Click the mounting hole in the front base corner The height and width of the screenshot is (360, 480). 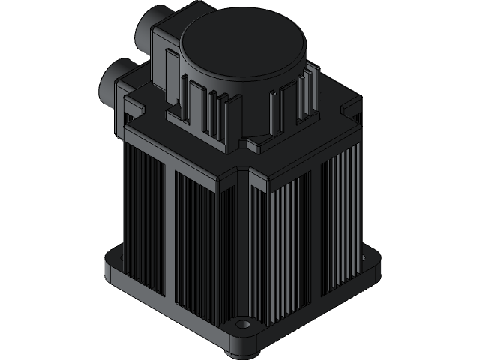tap(242, 325)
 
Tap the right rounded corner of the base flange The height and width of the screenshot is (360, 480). tap(374, 262)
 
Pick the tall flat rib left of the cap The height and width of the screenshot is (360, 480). tap(193, 105)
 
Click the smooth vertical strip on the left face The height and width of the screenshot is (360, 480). tap(169, 232)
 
